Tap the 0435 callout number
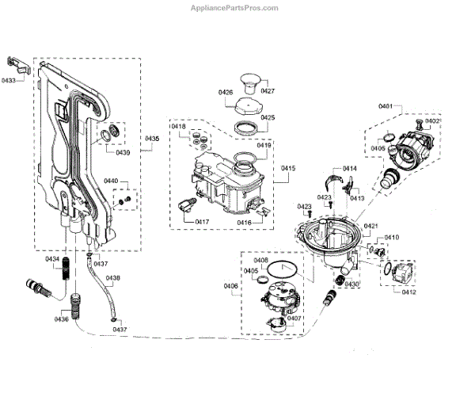tap(152, 138)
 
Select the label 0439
tap(123, 152)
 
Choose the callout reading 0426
tap(226, 93)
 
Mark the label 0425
tap(268, 117)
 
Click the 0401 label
tap(386, 106)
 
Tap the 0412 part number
tap(408, 292)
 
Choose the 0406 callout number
tap(230, 285)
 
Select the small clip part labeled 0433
tap(17, 63)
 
